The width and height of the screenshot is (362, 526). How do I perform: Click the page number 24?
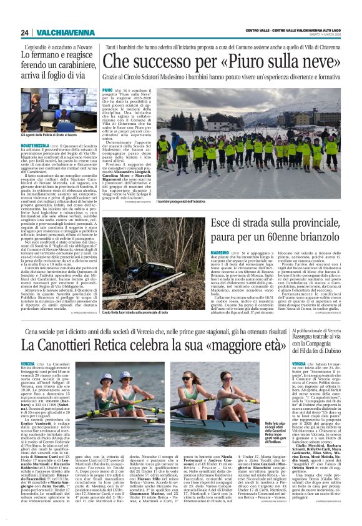(25, 32)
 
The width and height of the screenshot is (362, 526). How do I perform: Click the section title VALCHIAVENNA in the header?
(57, 32)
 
